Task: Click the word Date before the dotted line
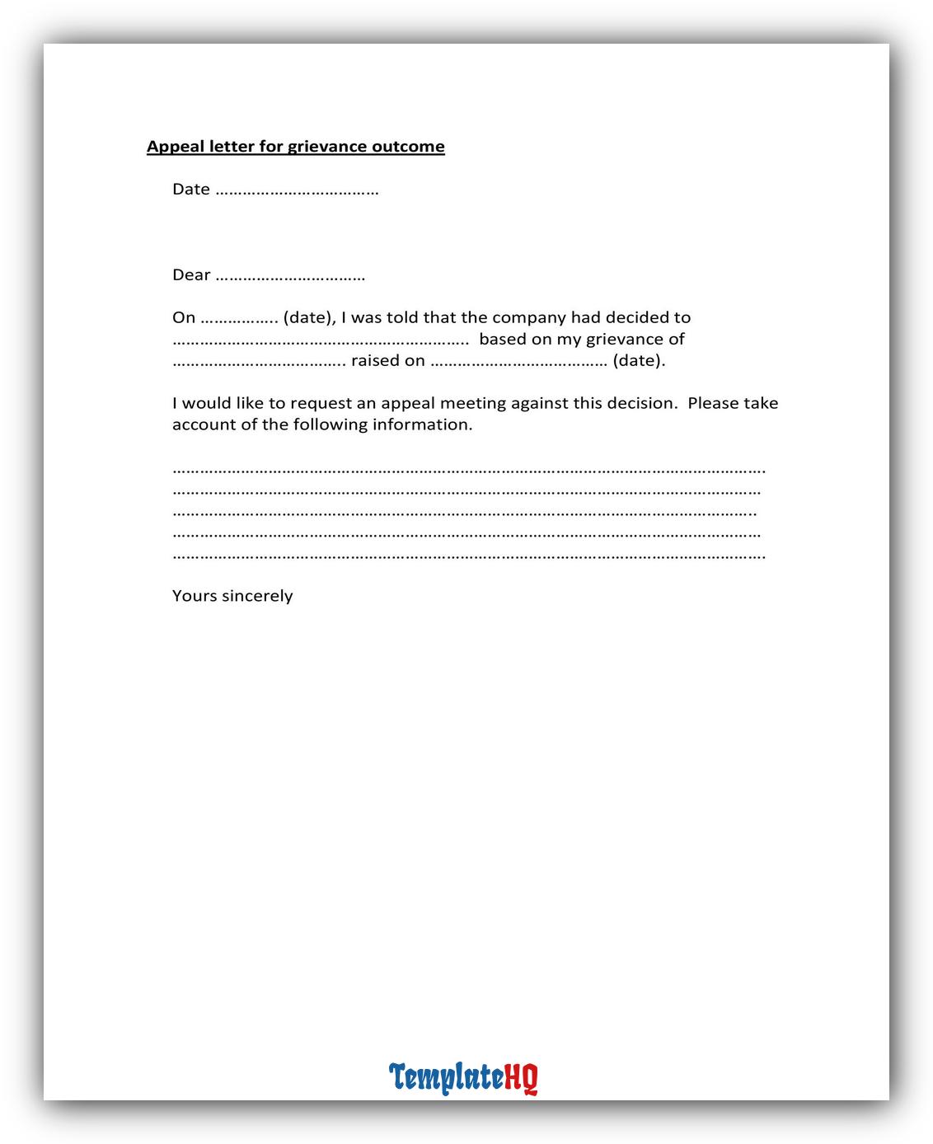pyautogui.click(x=191, y=190)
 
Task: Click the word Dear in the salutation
pyautogui.click(x=191, y=275)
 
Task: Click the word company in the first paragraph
pyautogui.click(x=528, y=318)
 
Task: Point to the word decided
pyautogui.click(x=648, y=317)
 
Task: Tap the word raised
pyautogui.click(x=376, y=360)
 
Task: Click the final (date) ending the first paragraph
pyautogui.click(x=639, y=360)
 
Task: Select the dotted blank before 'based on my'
pyautogui.click(x=321, y=341)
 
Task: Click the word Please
pyautogui.click(x=713, y=403)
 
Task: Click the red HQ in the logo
pyautogui.click(x=521, y=1077)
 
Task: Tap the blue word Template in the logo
pyautogui.click(x=446, y=1077)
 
